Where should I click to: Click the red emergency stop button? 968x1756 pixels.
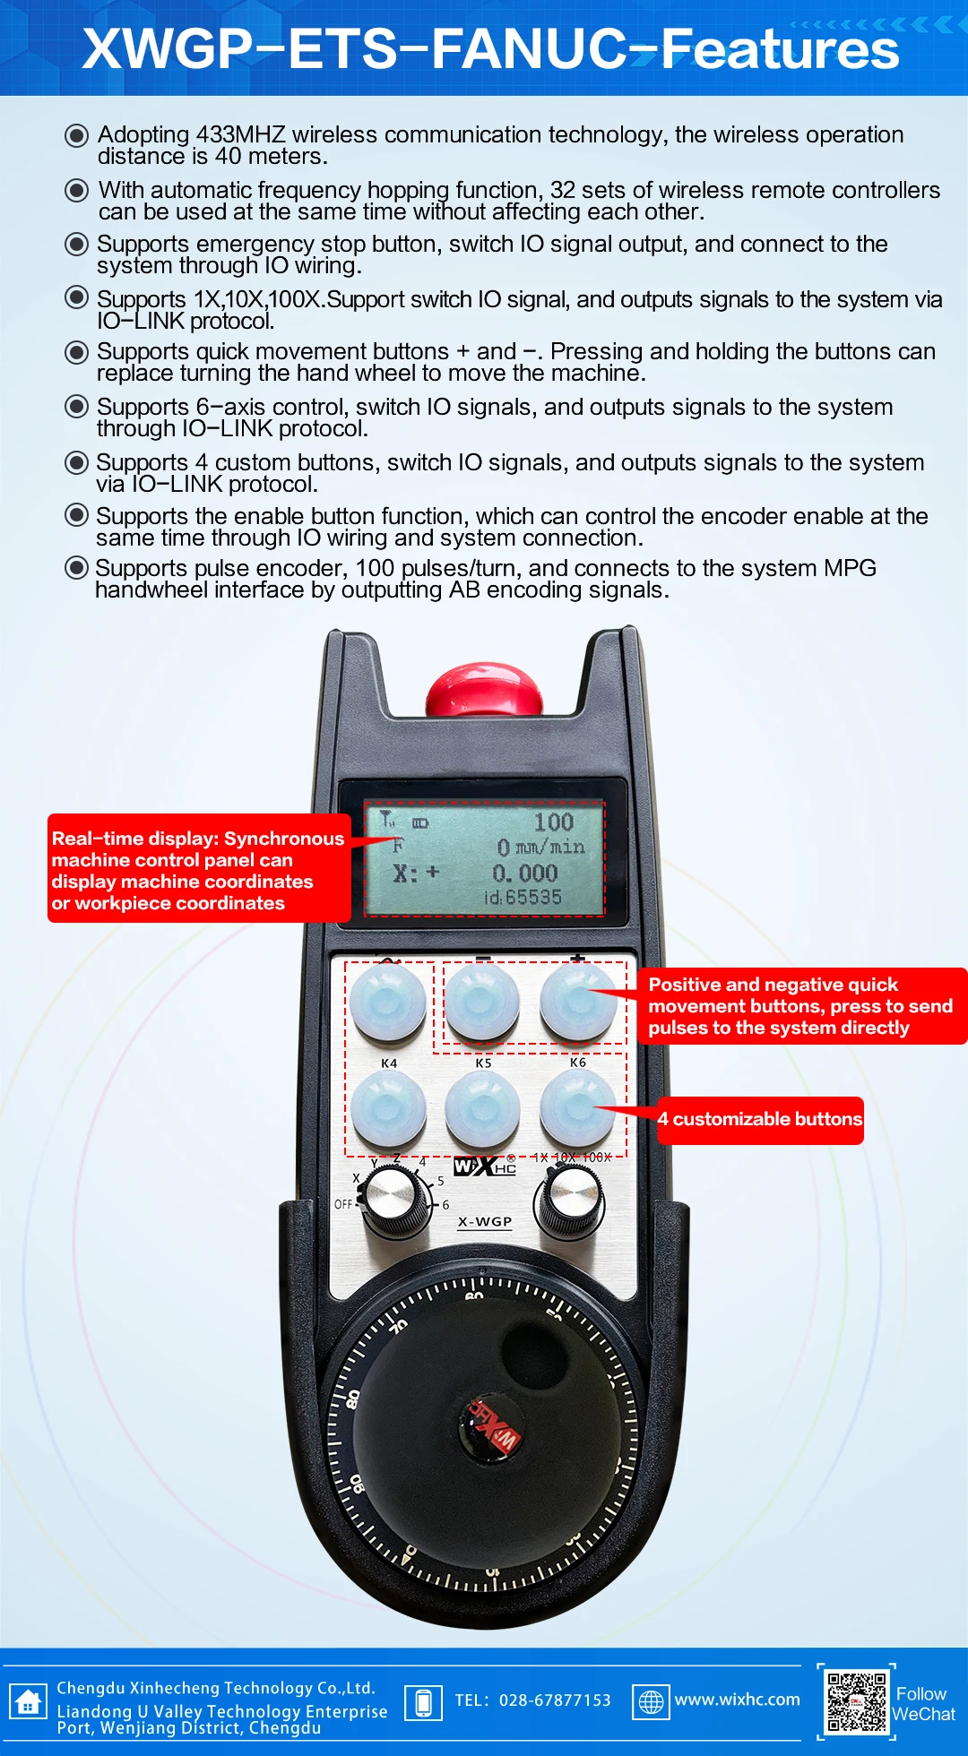pyautogui.click(x=484, y=690)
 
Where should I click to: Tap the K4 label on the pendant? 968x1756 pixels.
pyautogui.click(x=389, y=1063)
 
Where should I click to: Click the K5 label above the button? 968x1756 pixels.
pyautogui.click(x=484, y=1063)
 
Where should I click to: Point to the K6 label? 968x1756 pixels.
pyautogui.click(x=578, y=1063)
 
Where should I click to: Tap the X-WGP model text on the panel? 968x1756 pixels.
pyautogui.click(x=485, y=1222)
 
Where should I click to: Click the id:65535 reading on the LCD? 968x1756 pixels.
pyautogui.click(x=523, y=897)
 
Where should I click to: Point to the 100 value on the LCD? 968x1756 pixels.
pyautogui.click(x=553, y=822)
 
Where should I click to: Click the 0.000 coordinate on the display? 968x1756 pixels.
pyautogui.click(x=525, y=873)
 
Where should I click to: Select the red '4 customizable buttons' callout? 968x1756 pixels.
pyautogui.click(x=760, y=1120)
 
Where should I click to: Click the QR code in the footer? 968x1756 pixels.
pyautogui.click(x=856, y=1700)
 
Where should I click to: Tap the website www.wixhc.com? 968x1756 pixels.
pyautogui.click(x=737, y=1700)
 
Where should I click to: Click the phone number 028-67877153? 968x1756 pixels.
pyautogui.click(x=554, y=1700)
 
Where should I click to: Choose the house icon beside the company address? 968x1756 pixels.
pyautogui.click(x=28, y=1701)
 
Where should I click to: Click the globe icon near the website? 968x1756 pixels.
pyautogui.click(x=652, y=1701)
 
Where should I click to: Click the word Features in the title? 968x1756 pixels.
pyautogui.click(x=780, y=49)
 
